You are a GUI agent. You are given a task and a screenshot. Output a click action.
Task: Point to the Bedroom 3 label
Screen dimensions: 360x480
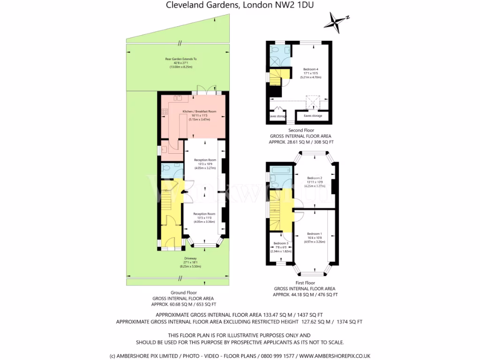pyautogui.click(x=281, y=243)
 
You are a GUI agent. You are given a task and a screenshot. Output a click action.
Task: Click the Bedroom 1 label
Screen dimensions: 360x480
pyautogui.click(x=314, y=233)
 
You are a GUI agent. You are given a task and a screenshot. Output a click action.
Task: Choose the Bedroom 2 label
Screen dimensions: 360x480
pyautogui.click(x=315, y=178)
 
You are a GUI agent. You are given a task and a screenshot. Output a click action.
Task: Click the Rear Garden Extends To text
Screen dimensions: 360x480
pyautogui.click(x=180, y=59)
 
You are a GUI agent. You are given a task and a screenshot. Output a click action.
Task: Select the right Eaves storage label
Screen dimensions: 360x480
pyautogui.click(x=313, y=115)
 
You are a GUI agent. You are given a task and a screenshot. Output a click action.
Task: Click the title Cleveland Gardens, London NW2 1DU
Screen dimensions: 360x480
pyautogui.click(x=240, y=6)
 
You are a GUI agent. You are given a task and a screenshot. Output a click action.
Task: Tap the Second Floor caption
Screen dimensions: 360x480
pyautogui.click(x=301, y=130)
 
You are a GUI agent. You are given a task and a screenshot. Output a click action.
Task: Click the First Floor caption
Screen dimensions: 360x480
pyautogui.click(x=304, y=283)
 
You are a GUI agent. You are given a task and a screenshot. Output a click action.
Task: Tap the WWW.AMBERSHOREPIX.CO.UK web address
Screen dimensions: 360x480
pyautogui.click(x=334, y=356)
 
